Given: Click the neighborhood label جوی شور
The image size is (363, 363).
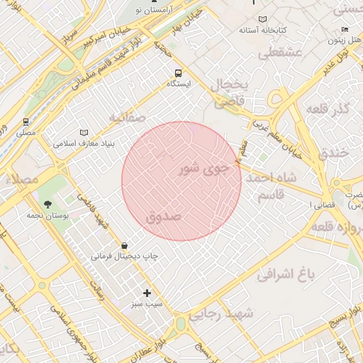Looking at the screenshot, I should [206, 169].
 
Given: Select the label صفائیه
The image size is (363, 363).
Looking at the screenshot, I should [128, 116].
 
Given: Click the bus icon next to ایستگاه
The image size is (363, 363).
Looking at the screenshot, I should [178, 72].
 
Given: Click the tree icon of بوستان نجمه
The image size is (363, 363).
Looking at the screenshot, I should [48, 204].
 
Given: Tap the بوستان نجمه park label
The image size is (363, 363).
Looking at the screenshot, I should [48, 215].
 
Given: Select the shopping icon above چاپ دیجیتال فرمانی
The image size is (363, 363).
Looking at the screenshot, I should [125, 245].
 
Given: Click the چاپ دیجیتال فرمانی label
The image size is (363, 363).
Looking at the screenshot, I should [124, 255].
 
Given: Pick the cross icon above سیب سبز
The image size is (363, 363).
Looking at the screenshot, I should [147, 293].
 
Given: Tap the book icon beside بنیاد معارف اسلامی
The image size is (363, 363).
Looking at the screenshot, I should [84, 133].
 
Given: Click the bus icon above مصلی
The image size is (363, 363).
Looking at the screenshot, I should [26, 122].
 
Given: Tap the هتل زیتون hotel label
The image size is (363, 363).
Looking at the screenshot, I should [345, 40].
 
